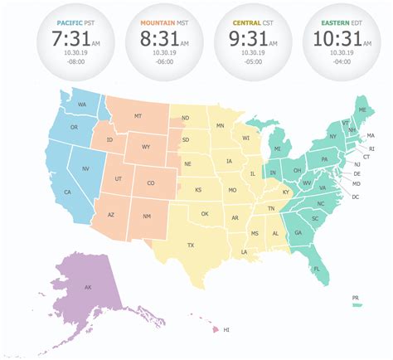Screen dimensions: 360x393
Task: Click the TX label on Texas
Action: tap(190, 246)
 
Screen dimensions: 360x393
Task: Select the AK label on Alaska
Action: tap(88, 288)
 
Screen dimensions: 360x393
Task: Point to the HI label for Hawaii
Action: tap(226, 330)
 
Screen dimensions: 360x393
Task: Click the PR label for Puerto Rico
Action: tap(355, 297)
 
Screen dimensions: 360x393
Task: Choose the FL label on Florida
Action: tap(316, 268)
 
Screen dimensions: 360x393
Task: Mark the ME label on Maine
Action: tap(361, 109)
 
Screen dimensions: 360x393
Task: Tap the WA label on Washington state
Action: tap(82, 105)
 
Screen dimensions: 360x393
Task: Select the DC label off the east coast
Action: tap(355, 197)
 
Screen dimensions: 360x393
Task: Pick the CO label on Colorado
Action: tap(150, 183)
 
